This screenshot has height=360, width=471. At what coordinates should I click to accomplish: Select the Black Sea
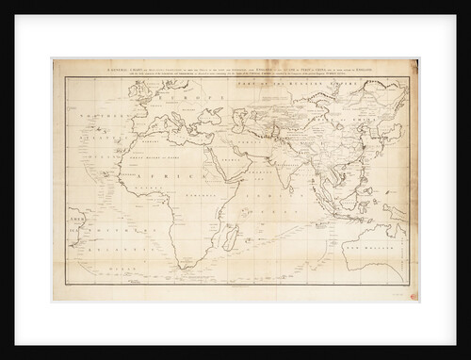pos(210,116)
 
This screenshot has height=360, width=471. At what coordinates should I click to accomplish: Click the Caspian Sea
pos(238,119)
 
